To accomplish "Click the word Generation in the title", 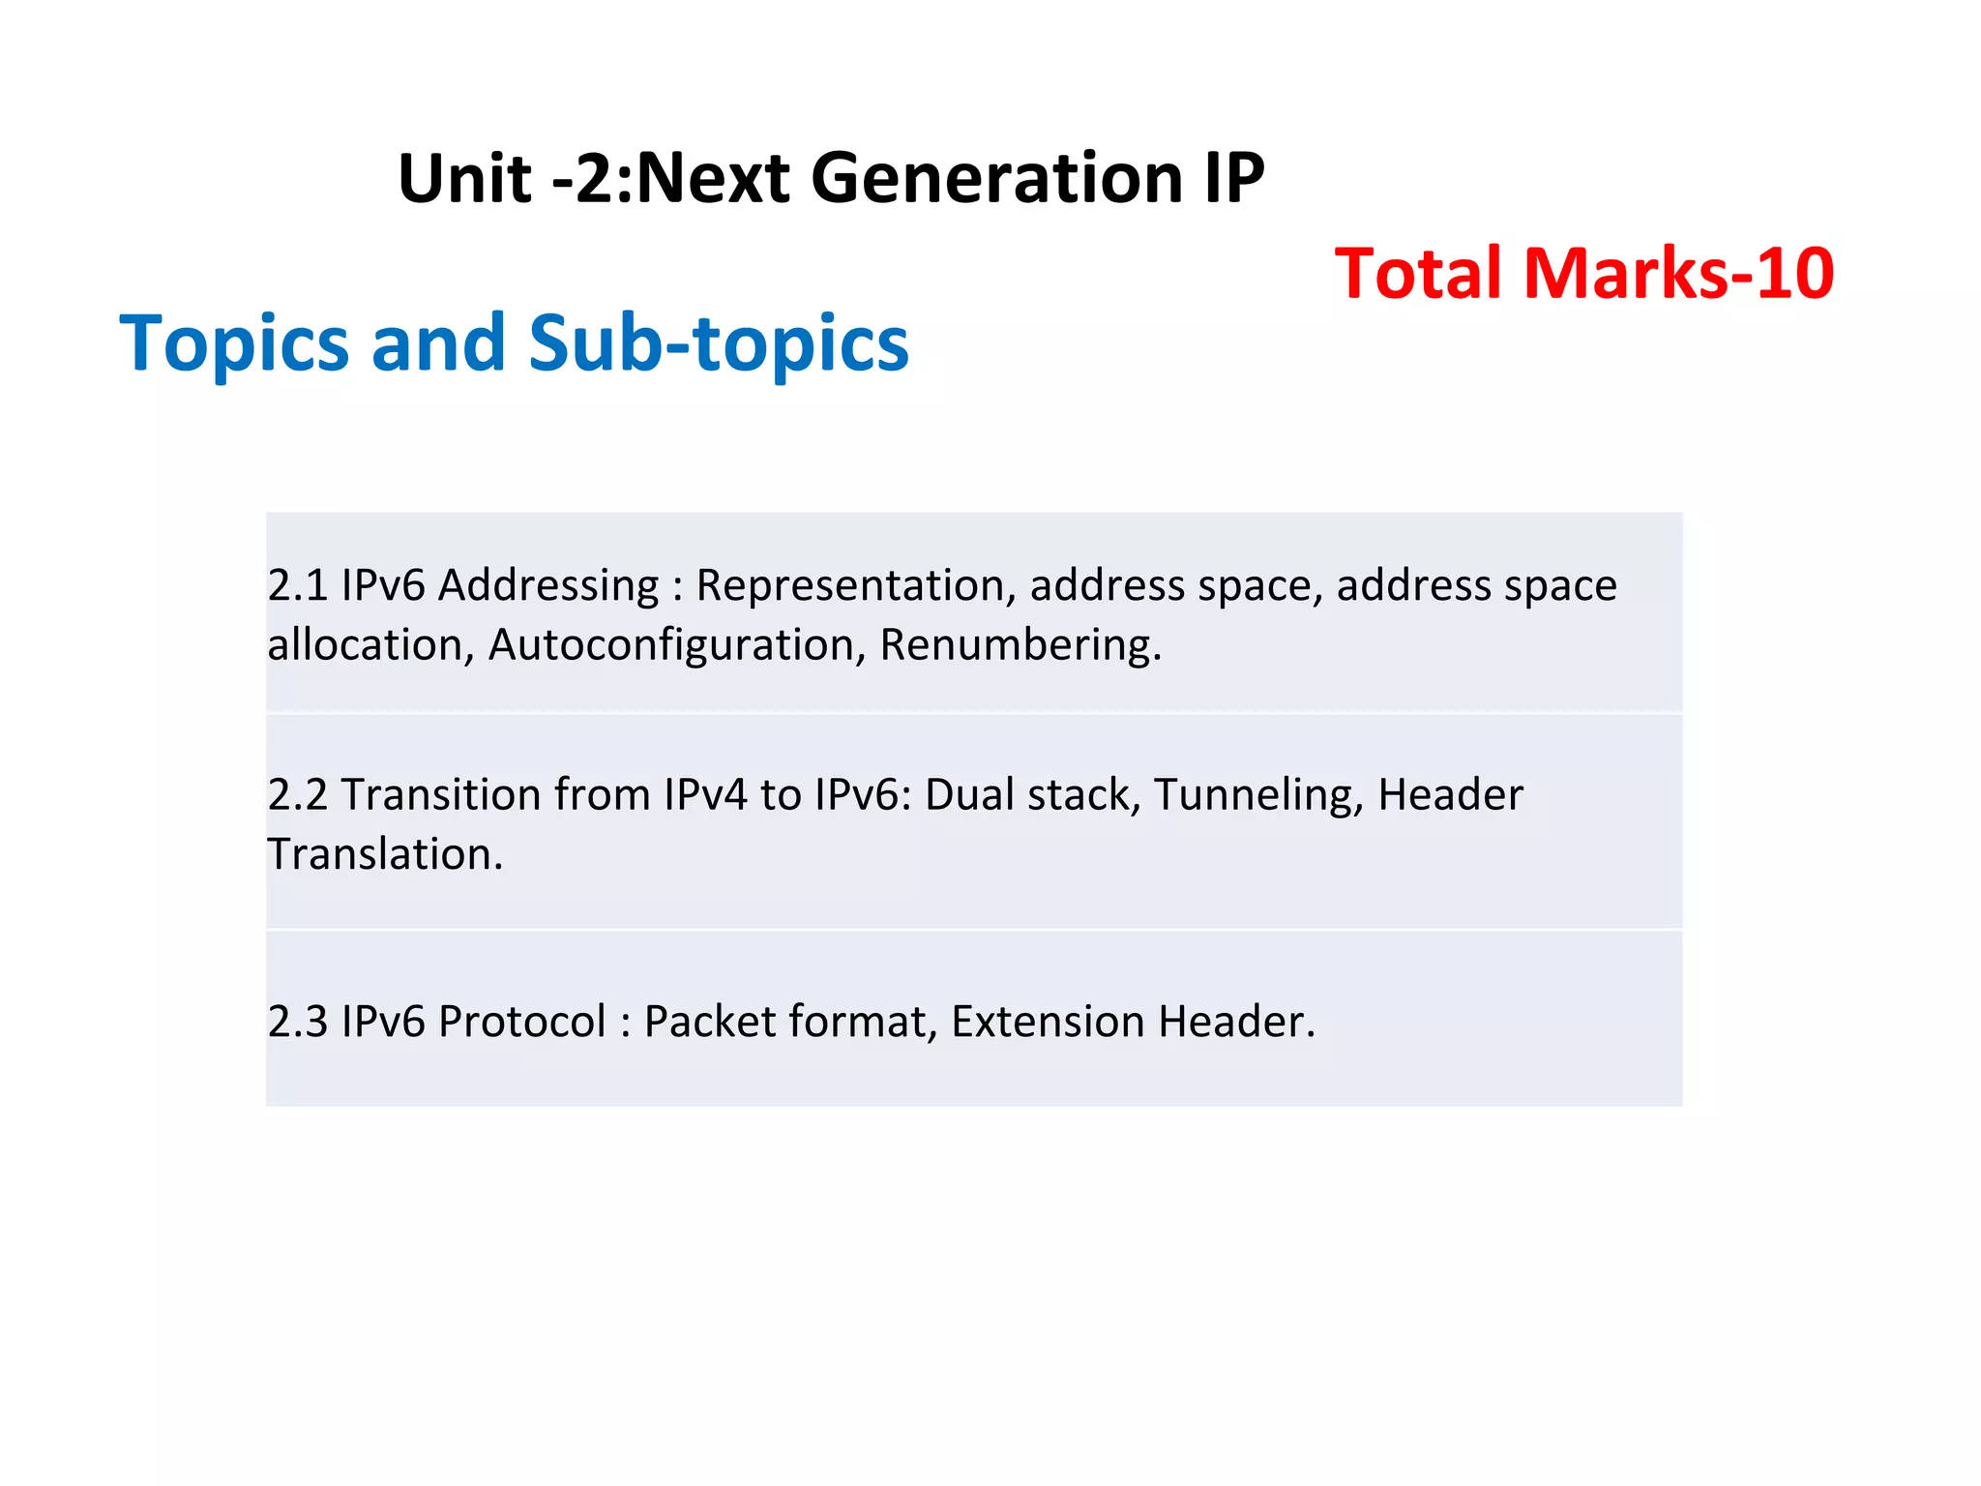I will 997,179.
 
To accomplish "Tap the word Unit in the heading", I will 463,179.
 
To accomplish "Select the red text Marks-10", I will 1678,273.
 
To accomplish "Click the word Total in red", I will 1419,273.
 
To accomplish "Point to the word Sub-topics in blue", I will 719,343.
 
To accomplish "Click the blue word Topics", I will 233,343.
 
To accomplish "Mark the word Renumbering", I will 1020,645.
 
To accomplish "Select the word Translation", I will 385,854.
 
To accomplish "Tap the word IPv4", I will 705,794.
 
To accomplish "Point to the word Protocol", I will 522,1022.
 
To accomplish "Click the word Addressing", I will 548,585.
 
